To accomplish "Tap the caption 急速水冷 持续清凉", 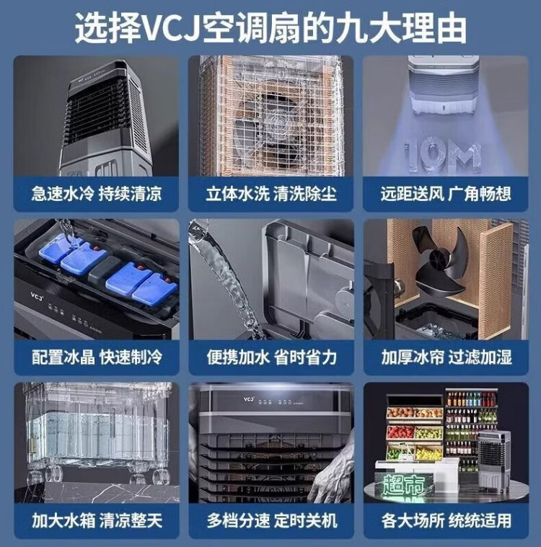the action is [x=97, y=194].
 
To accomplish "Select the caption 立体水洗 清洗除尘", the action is [x=271, y=194].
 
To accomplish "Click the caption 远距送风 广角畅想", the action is [x=446, y=194].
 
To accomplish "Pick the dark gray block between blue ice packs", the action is [x=105, y=270].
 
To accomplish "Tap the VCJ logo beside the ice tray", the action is [x=36, y=296].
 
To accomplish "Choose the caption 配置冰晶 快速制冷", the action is [x=97, y=357].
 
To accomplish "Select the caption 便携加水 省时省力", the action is [x=271, y=357].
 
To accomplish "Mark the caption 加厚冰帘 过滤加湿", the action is [x=447, y=357].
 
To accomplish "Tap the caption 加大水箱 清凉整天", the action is [x=97, y=521].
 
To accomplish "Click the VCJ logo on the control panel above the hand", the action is [x=249, y=399].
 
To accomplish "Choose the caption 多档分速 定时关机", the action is [x=272, y=521].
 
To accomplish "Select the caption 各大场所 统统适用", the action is [x=447, y=521].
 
